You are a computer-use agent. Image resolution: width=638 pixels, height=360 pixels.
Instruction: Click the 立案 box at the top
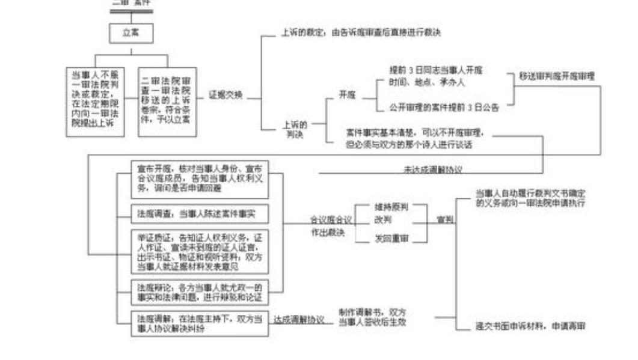[131, 33]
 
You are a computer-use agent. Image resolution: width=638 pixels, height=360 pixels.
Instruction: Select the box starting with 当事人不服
[98, 102]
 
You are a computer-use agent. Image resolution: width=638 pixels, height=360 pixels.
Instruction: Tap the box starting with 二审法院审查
[168, 102]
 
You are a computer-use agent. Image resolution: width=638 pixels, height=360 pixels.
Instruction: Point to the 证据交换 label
[225, 95]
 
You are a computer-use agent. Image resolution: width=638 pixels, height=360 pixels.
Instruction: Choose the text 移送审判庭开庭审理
[557, 77]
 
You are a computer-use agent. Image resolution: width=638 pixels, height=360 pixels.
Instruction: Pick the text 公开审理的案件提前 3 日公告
[444, 108]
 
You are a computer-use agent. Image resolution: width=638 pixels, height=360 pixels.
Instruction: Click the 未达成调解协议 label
[432, 169]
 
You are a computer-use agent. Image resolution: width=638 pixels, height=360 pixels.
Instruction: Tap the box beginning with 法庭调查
[200, 213]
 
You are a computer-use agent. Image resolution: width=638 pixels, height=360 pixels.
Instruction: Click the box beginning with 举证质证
[200, 251]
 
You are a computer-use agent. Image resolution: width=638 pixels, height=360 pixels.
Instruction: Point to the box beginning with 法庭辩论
[200, 292]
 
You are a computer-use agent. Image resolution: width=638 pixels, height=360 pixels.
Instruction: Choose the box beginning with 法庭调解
[200, 323]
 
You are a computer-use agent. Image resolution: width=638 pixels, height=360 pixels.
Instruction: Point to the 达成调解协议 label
[299, 320]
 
